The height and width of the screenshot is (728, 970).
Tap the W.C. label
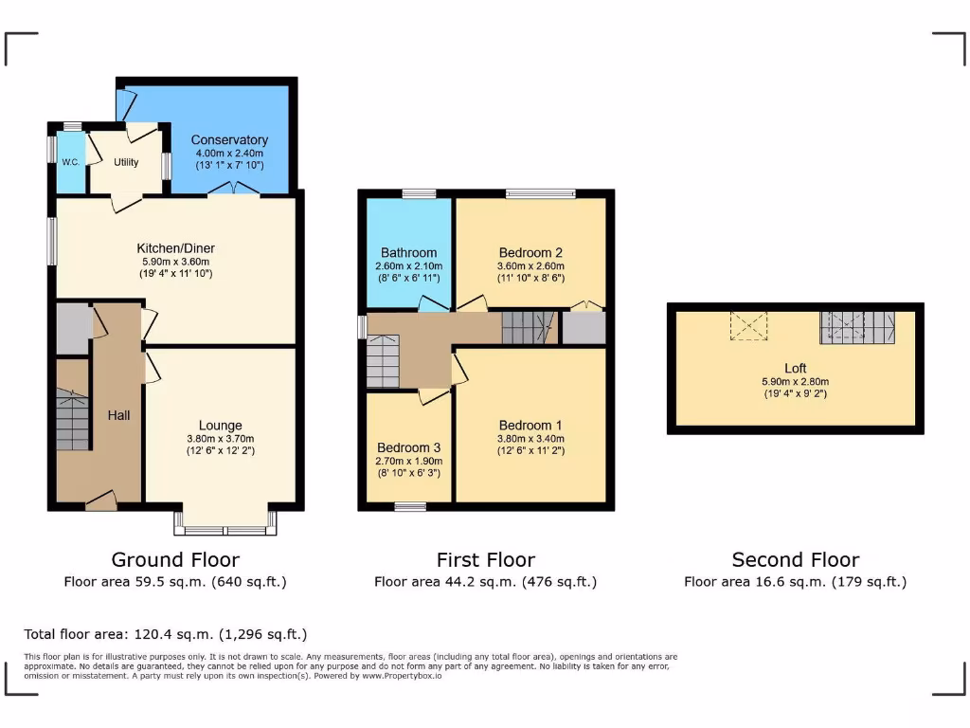tap(71, 162)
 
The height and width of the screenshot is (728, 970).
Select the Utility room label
tap(126, 162)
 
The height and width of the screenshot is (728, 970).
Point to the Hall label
tap(118, 415)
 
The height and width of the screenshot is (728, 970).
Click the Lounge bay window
tap(225, 521)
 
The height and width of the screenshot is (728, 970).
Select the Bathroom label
tap(408, 253)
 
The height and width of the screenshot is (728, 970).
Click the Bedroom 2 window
tap(540, 193)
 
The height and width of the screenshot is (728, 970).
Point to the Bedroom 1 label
tap(530, 425)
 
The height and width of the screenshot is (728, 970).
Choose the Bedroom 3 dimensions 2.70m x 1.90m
tap(408, 461)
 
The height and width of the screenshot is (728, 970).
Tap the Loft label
tap(795, 368)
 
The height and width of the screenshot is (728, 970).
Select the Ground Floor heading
tap(175, 559)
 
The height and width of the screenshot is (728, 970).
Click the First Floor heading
tap(485, 559)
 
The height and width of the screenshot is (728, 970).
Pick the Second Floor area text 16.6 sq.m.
tap(795, 582)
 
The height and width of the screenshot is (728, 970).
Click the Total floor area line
tap(166, 634)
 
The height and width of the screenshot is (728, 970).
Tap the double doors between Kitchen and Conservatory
tap(234, 191)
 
